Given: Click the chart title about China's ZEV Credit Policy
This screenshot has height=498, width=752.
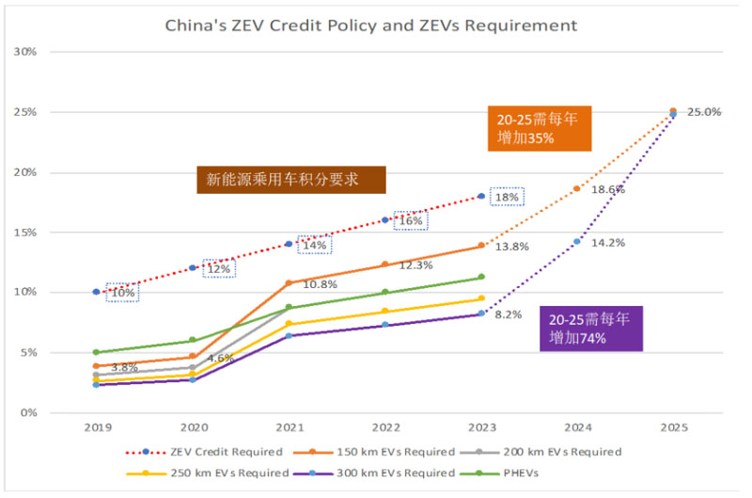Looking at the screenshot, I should click(x=371, y=25).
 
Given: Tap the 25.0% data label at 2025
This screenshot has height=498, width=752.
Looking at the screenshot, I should click(x=704, y=111).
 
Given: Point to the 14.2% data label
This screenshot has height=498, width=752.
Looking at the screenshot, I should click(x=608, y=242).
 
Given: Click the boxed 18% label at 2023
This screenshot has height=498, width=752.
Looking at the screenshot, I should click(x=507, y=197).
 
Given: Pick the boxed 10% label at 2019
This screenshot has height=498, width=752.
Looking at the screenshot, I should click(x=122, y=293).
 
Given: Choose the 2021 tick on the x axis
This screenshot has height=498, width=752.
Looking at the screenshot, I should click(x=289, y=427).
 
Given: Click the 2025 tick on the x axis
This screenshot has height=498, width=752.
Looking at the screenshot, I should click(x=673, y=427).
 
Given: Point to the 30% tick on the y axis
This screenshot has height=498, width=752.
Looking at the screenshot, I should click(x=24, y=52).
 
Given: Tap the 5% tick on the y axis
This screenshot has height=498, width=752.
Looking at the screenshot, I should click(x=27, y=353).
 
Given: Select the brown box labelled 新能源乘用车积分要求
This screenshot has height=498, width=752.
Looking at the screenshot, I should click(x=290, y=179).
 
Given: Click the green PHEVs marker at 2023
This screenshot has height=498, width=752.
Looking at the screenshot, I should click(x=481, y=277).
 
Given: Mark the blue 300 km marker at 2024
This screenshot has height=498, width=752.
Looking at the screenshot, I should click(x=577, y=241).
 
